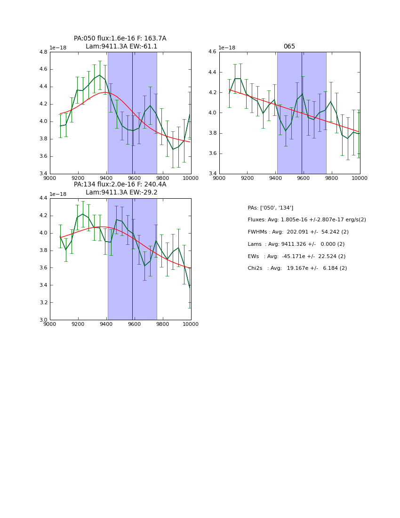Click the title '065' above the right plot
[x=289, y=47]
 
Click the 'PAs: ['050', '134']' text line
[x=270, y=208]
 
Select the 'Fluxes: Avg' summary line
[x=306, y=220]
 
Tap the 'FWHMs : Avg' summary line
[x=298, y=232]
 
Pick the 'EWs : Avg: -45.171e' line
[x=296, y=256]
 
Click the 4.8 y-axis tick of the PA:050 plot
[x=43, y=52]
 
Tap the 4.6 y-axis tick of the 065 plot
[x=212, y=52]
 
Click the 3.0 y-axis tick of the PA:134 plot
[x=43, y=320]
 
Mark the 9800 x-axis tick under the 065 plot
[x=332, y=178]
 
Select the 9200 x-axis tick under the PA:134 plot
[x=78, y=324]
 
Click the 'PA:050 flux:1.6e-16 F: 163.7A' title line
[x=120, y=39]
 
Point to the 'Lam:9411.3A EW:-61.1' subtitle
[x=121, y=47]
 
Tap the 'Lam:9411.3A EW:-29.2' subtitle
[x=121, y=193]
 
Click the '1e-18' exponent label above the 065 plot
[x=227, y=48]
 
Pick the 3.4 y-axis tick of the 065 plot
[x=212, y=174]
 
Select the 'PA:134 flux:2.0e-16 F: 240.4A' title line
[x=120, y=185]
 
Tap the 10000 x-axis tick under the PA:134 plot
[x=191, y=324]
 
